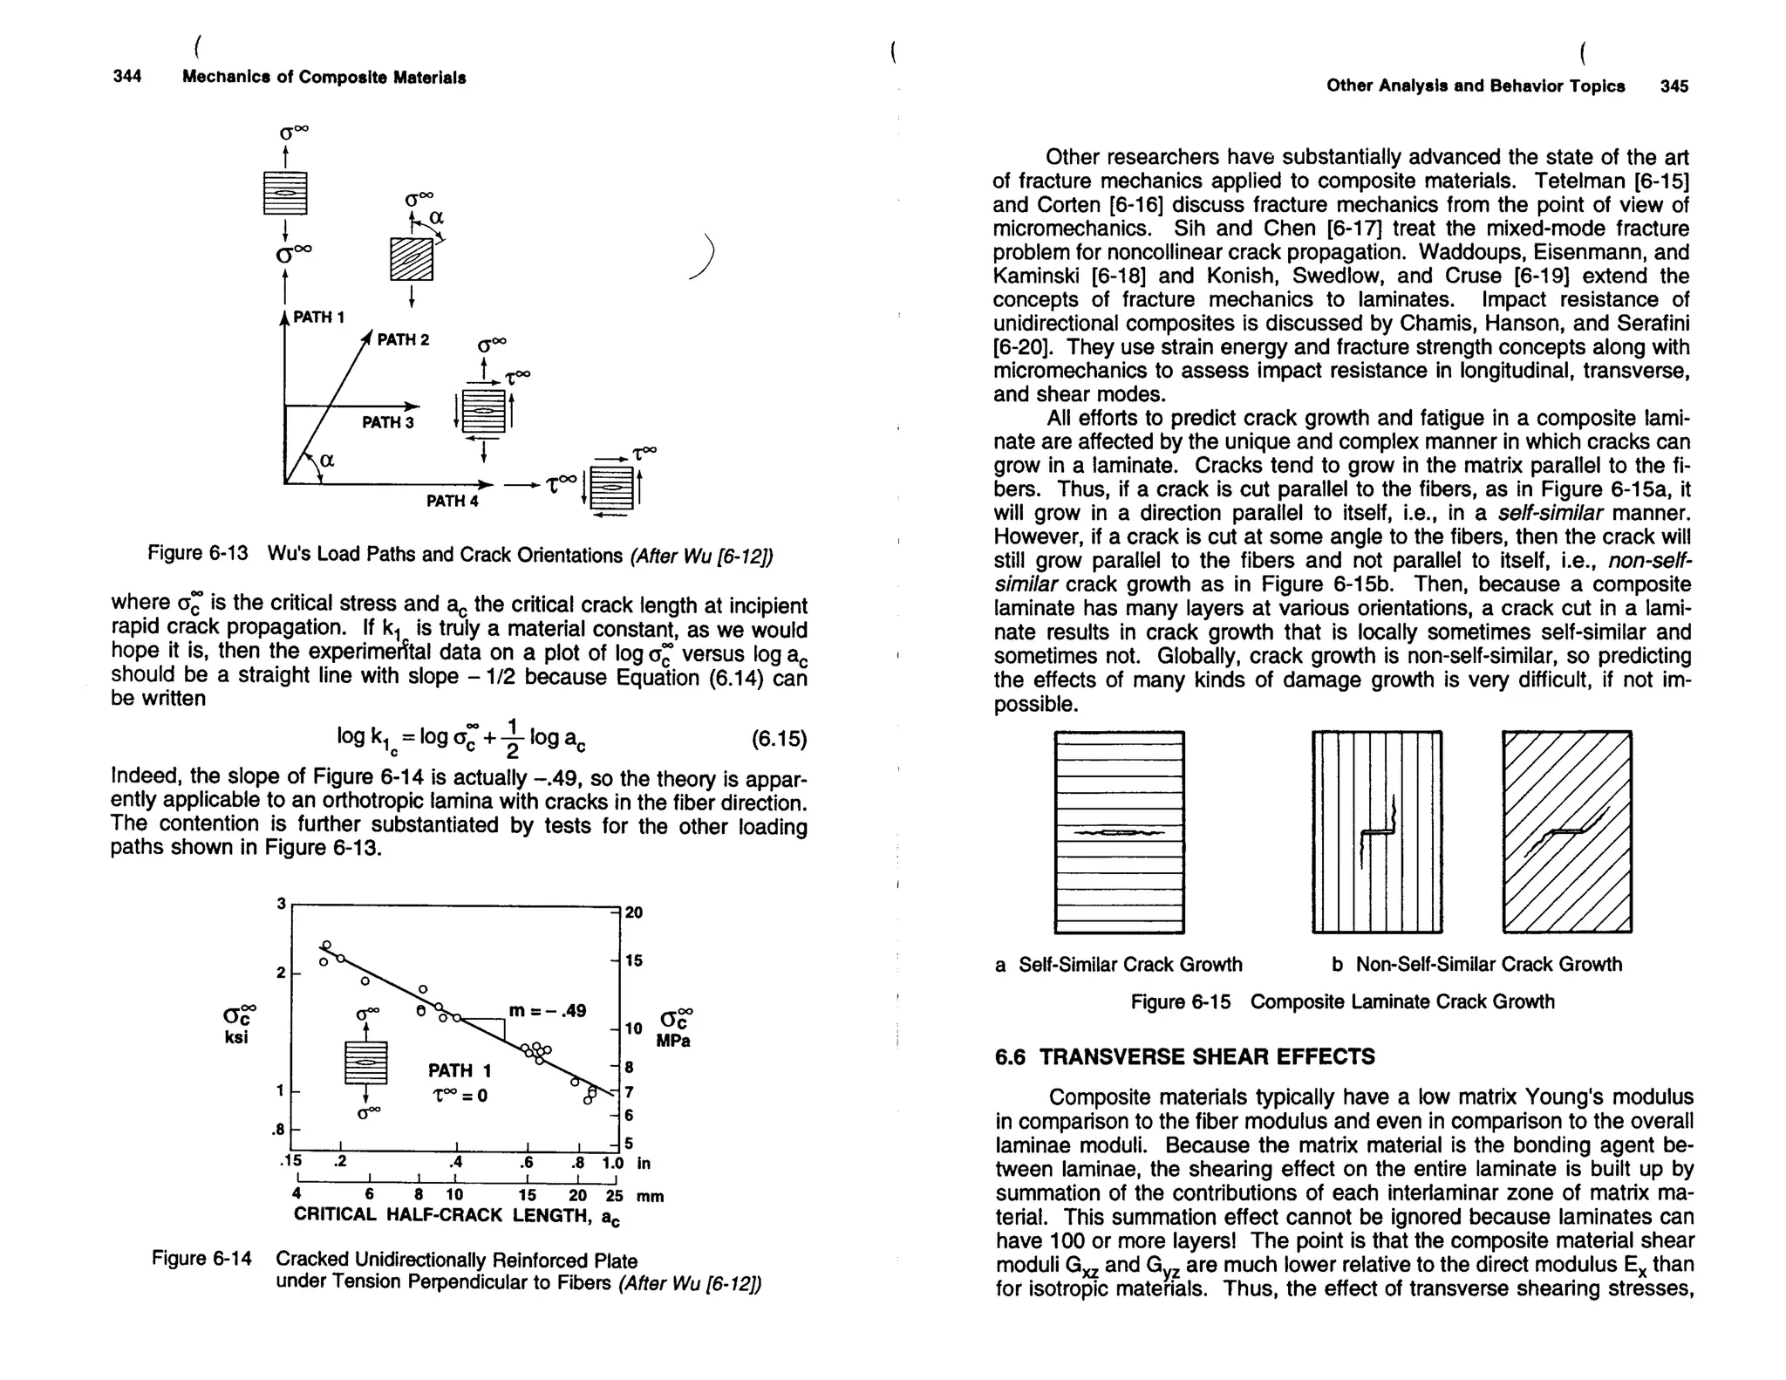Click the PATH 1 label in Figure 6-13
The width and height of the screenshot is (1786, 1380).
(x=318, y=318)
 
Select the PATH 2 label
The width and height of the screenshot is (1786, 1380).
(x=403, y=339)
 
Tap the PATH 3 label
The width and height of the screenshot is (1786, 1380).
(x=388, y=423)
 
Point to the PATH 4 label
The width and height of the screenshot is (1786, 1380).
(x=452, y=501)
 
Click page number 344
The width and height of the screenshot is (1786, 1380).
(x=127, y=77)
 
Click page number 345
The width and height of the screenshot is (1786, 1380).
(x=1674, y=85)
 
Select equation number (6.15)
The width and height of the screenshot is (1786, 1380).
(x=779, y=740)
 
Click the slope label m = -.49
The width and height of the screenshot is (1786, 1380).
(x=547, y=1011)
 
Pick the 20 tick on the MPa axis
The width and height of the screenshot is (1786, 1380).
(x=634, y=912)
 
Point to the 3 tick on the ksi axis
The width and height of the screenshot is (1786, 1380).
(x=282, y=904)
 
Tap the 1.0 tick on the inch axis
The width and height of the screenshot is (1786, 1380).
(x=613, y=1163)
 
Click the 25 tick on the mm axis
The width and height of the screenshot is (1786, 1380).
(x=614, y=1195)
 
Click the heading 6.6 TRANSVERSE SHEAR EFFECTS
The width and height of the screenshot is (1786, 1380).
(x=1184, y=1057)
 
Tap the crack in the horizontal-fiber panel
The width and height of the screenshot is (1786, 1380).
(x=1120, y=834)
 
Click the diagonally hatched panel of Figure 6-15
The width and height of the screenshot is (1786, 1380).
(x=1566, y=831)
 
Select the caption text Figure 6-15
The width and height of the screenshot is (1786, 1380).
(x=1180, y=1001)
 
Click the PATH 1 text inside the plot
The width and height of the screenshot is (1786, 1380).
(x=459, y=1070)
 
